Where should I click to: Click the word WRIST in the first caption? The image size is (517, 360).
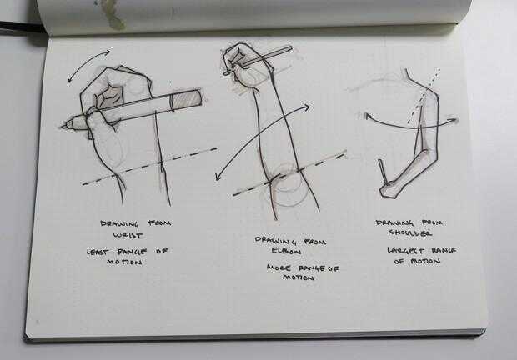128,236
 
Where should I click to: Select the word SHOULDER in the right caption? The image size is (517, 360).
410,232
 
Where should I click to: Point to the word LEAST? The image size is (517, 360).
98,252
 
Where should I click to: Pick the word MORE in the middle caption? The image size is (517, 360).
279,267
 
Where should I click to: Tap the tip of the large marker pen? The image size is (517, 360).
63,126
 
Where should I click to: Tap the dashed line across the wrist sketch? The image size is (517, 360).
149,166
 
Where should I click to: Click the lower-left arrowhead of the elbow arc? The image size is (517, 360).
217,177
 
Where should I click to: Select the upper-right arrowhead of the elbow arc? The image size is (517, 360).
308,107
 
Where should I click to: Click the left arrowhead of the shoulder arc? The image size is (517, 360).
368,116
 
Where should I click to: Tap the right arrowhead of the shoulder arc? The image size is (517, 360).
454,120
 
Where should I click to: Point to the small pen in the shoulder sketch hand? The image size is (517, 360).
384,172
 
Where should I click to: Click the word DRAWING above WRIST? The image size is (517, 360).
120,223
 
